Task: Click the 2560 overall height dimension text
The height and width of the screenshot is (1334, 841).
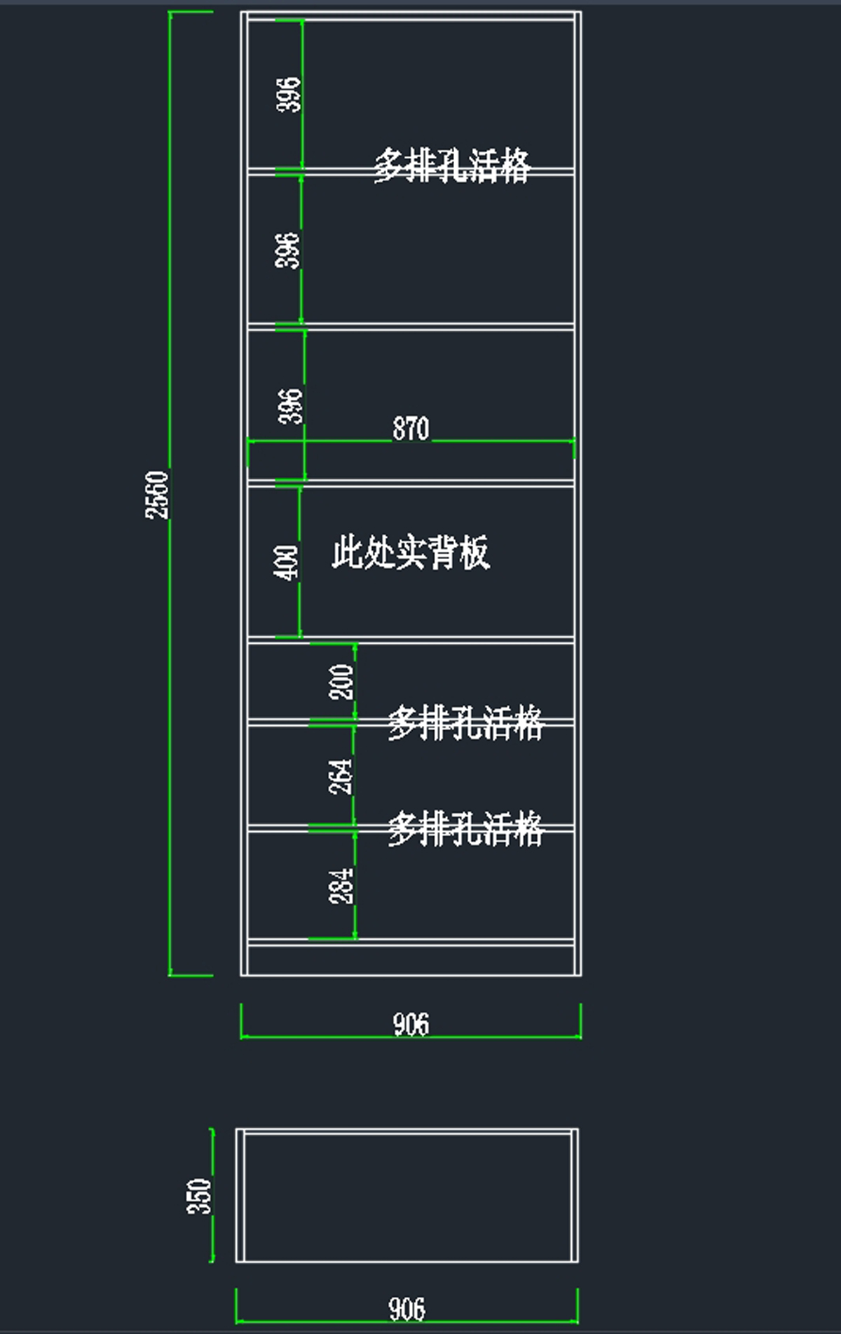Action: coord(157,495)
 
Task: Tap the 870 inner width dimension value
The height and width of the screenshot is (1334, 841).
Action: coord(411,429)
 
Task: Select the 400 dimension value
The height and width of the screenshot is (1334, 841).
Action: coord(286,562)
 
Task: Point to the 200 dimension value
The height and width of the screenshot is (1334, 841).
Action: coord(341,682)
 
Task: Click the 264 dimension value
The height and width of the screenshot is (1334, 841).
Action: coord(341,776)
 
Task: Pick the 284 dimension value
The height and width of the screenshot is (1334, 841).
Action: coord(341,886)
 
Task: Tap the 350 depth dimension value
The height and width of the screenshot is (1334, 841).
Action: coord(199,1196)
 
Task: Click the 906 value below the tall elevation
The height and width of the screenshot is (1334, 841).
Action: coord(411,1024)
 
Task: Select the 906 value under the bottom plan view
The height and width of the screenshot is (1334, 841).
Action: coord(407,1309)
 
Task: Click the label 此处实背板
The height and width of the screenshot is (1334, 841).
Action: coord(411,552)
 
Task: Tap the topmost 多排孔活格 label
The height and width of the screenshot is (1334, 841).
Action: coord(452,166)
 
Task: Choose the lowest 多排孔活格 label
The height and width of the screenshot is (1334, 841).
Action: coord(466,828)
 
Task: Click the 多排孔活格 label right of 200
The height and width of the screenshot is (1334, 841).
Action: coord(466,722)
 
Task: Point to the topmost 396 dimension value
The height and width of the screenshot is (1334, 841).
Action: coord(289,94)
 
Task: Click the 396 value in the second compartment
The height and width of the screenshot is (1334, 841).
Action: coord(287,250)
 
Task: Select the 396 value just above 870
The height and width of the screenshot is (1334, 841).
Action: coord(291,406)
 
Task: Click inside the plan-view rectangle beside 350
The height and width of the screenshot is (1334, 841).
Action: coord(407,1196)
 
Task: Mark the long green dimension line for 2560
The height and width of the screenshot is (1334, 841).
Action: coord(170,493)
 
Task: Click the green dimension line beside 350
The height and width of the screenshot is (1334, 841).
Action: coord(212,1196)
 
